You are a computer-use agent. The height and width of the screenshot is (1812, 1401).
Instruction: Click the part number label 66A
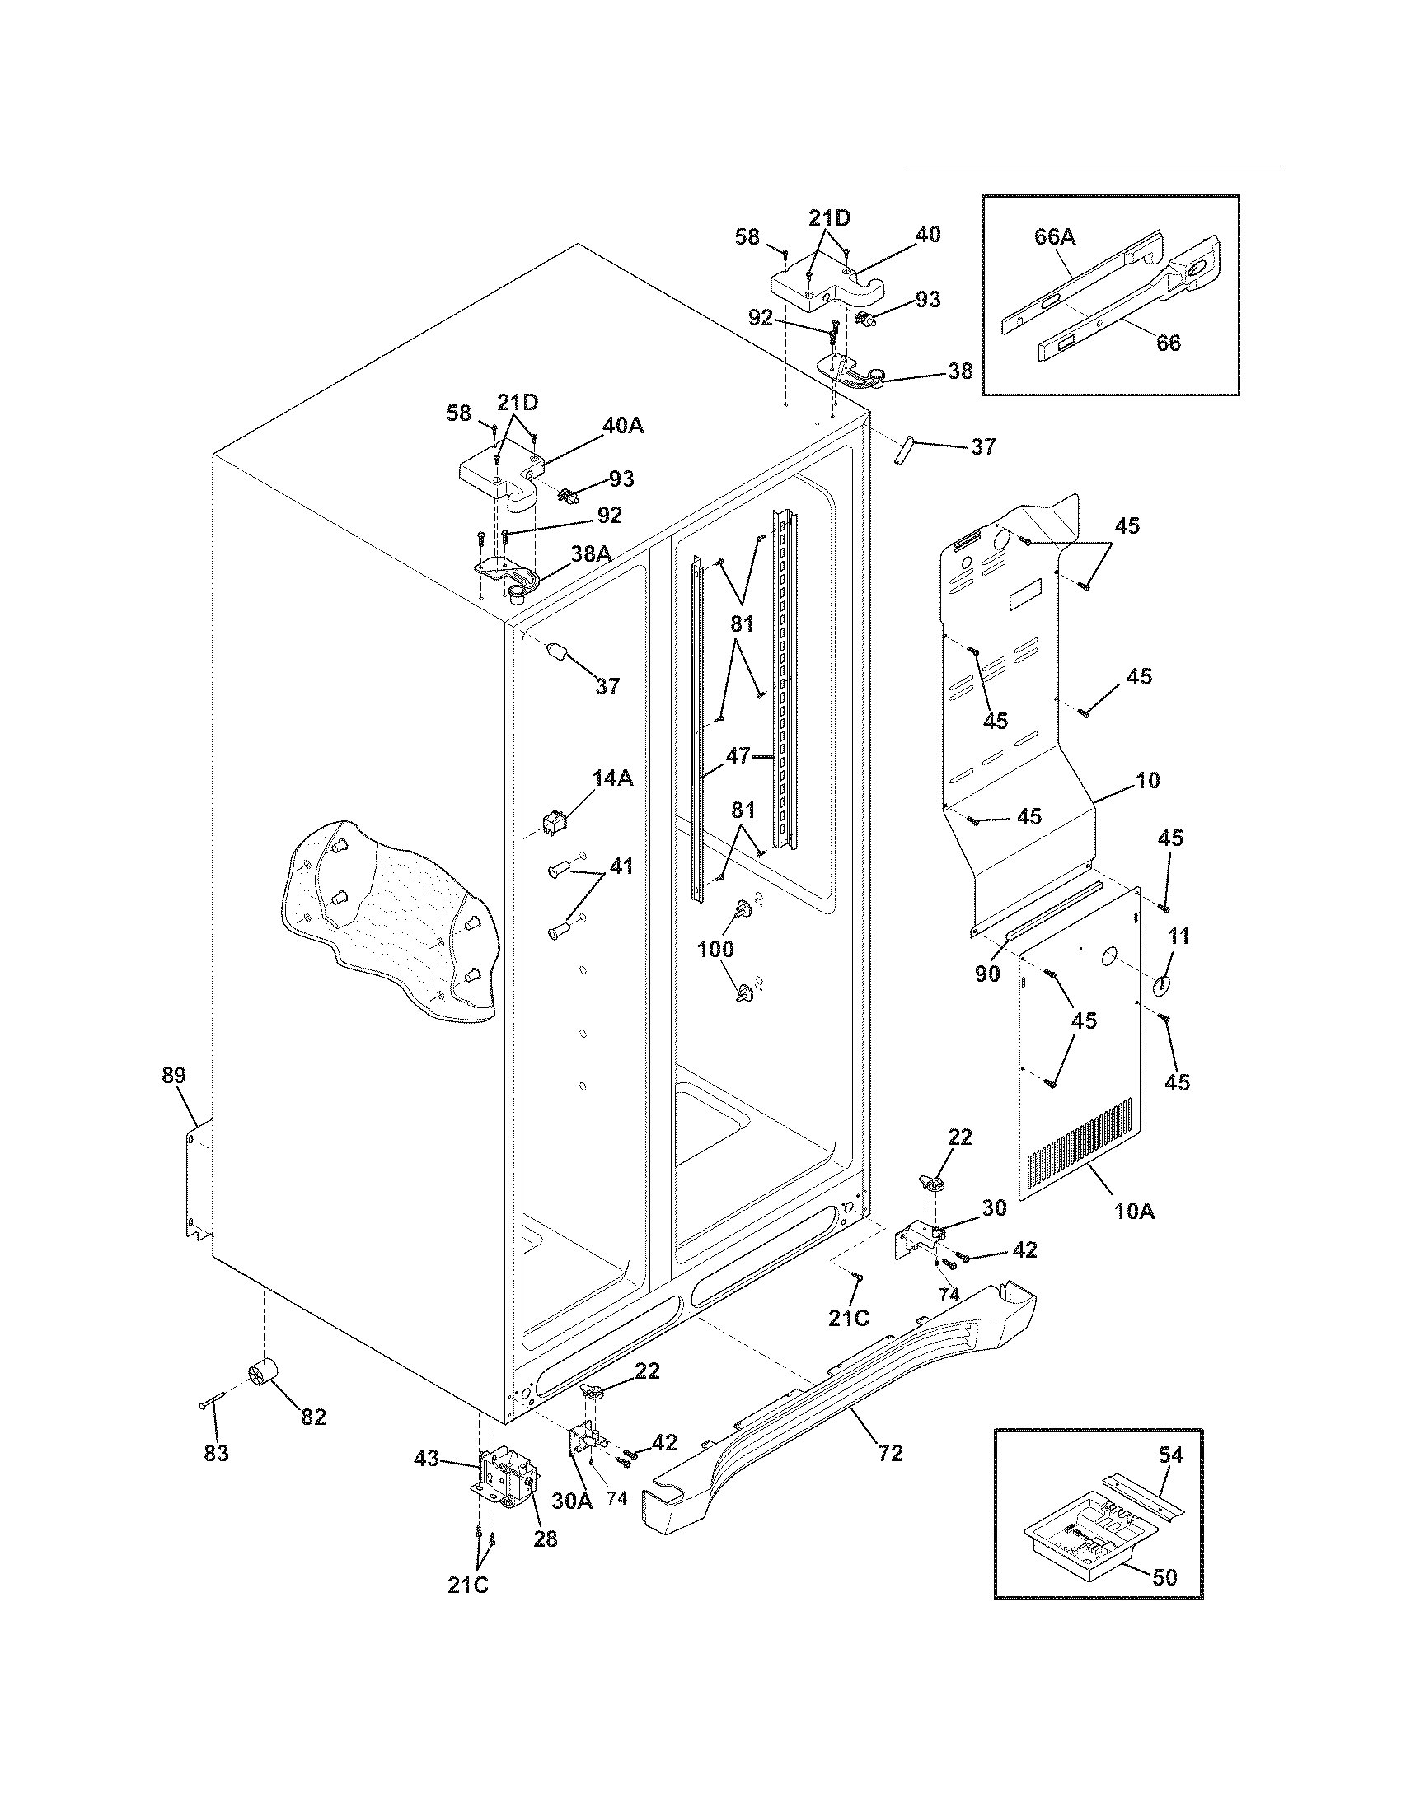coord(1054,237)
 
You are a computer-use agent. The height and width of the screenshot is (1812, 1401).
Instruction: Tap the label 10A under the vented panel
coord(1135,1211)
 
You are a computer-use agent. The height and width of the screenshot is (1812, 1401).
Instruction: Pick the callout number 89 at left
coord(173,1075)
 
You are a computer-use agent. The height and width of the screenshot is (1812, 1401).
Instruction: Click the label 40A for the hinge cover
coord(623,426)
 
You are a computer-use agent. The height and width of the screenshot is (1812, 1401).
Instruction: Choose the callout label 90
coord(987,974)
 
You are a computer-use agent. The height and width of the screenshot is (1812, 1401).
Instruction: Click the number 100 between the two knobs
coord(715,948)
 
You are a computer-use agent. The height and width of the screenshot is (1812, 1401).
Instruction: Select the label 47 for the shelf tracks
coord(737,755)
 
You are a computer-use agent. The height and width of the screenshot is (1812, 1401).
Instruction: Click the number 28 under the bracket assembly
coord(545,1539)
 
